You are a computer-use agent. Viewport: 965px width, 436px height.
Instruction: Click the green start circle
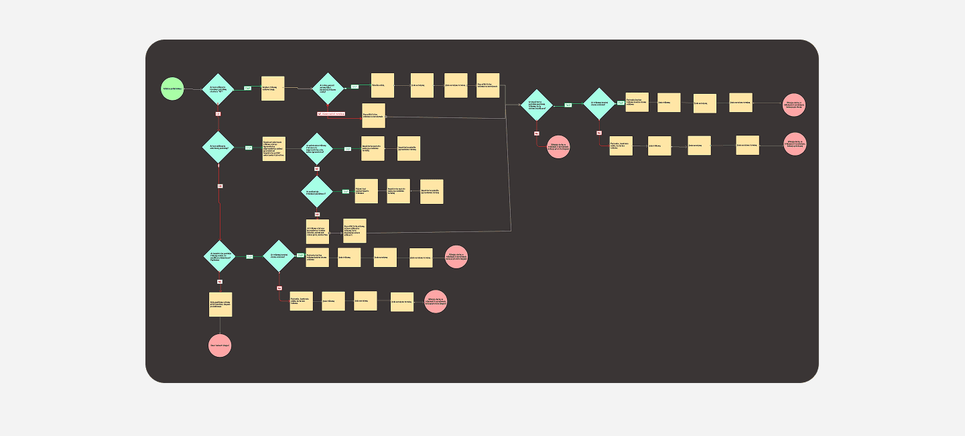tap(172, 89)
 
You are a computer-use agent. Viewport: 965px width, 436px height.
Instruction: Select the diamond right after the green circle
tap(218, 89)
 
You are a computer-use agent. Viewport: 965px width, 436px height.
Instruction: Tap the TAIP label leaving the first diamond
tap(247, 89)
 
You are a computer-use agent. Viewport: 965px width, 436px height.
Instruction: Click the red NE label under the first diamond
tap(218, 113)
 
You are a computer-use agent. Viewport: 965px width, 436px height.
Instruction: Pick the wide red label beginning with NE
tap(331, 114)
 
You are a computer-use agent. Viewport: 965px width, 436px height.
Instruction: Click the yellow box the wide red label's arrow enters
tap(373, 115)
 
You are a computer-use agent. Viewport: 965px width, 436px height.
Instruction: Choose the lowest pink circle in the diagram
tap(220, 345)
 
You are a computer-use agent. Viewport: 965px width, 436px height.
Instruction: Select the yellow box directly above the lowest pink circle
tap(220, 304)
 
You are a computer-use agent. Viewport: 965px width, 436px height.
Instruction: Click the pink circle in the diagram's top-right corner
tap(793, 105)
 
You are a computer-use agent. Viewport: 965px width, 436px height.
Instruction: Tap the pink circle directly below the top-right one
tap(795, 144)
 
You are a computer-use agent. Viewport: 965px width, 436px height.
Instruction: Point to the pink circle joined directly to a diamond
tap(558, 146)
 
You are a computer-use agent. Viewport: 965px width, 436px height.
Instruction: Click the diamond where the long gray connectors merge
tap(537, 105)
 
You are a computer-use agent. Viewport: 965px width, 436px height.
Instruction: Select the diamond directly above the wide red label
tap(328, 89)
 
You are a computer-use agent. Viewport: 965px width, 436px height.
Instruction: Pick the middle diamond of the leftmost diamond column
tap(218, 147)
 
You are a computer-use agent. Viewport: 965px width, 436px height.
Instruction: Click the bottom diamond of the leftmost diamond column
tap(220, 256)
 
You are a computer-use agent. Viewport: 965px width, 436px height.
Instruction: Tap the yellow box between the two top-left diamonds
tap(273, 89)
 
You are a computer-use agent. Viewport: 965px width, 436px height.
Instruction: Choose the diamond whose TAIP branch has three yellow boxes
tap(317, 191)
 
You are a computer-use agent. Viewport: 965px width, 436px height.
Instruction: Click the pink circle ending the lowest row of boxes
tap(436, 301)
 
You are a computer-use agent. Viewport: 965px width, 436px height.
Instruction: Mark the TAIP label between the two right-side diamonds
tap(568, 105)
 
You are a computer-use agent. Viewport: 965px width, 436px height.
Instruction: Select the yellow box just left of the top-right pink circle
tap(741, 103)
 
